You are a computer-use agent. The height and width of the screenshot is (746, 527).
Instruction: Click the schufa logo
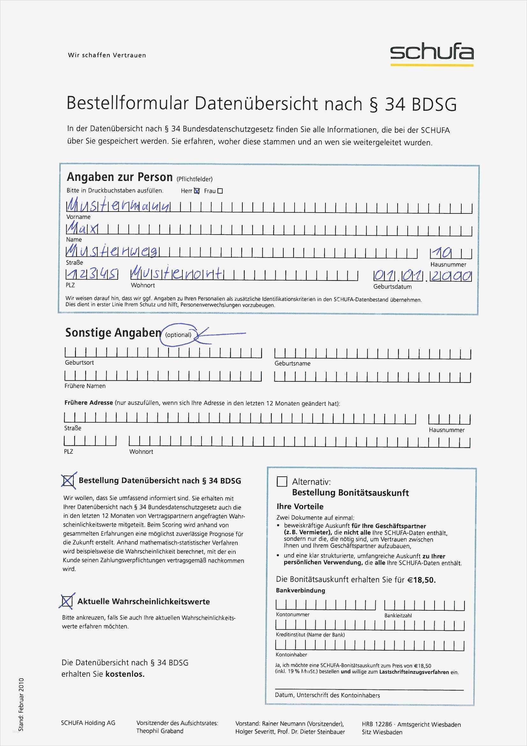click(432, 53)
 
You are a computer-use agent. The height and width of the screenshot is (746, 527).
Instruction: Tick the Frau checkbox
click(220, 191)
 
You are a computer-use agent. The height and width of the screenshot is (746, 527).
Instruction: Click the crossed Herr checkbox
click(197, 191)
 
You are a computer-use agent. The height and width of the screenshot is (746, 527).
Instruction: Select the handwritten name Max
click(82, 229)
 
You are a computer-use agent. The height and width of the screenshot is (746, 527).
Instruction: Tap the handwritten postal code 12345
click(92, 275)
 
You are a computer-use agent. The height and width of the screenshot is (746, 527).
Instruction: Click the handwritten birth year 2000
click(451, 276)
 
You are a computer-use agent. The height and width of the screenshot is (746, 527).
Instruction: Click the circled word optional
click(178, 335)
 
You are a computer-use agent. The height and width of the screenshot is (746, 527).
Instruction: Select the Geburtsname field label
click(292, 363)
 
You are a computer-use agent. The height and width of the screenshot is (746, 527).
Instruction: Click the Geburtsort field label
click(79, 362)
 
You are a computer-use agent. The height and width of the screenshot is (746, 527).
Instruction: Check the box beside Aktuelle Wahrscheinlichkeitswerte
click(67, 601)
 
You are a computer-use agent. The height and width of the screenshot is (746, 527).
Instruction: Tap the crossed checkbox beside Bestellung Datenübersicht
click(68, 481)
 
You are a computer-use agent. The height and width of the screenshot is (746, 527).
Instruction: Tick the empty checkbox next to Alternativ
click(282, 481)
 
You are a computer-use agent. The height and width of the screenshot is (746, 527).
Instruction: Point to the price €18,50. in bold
click(422, 580)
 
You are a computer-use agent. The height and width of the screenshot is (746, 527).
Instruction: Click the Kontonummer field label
click(293, 615)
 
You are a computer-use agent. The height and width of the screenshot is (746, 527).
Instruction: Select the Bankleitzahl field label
click(398, 615)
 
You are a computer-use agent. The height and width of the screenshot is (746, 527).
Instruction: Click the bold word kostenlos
click(125, 674)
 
